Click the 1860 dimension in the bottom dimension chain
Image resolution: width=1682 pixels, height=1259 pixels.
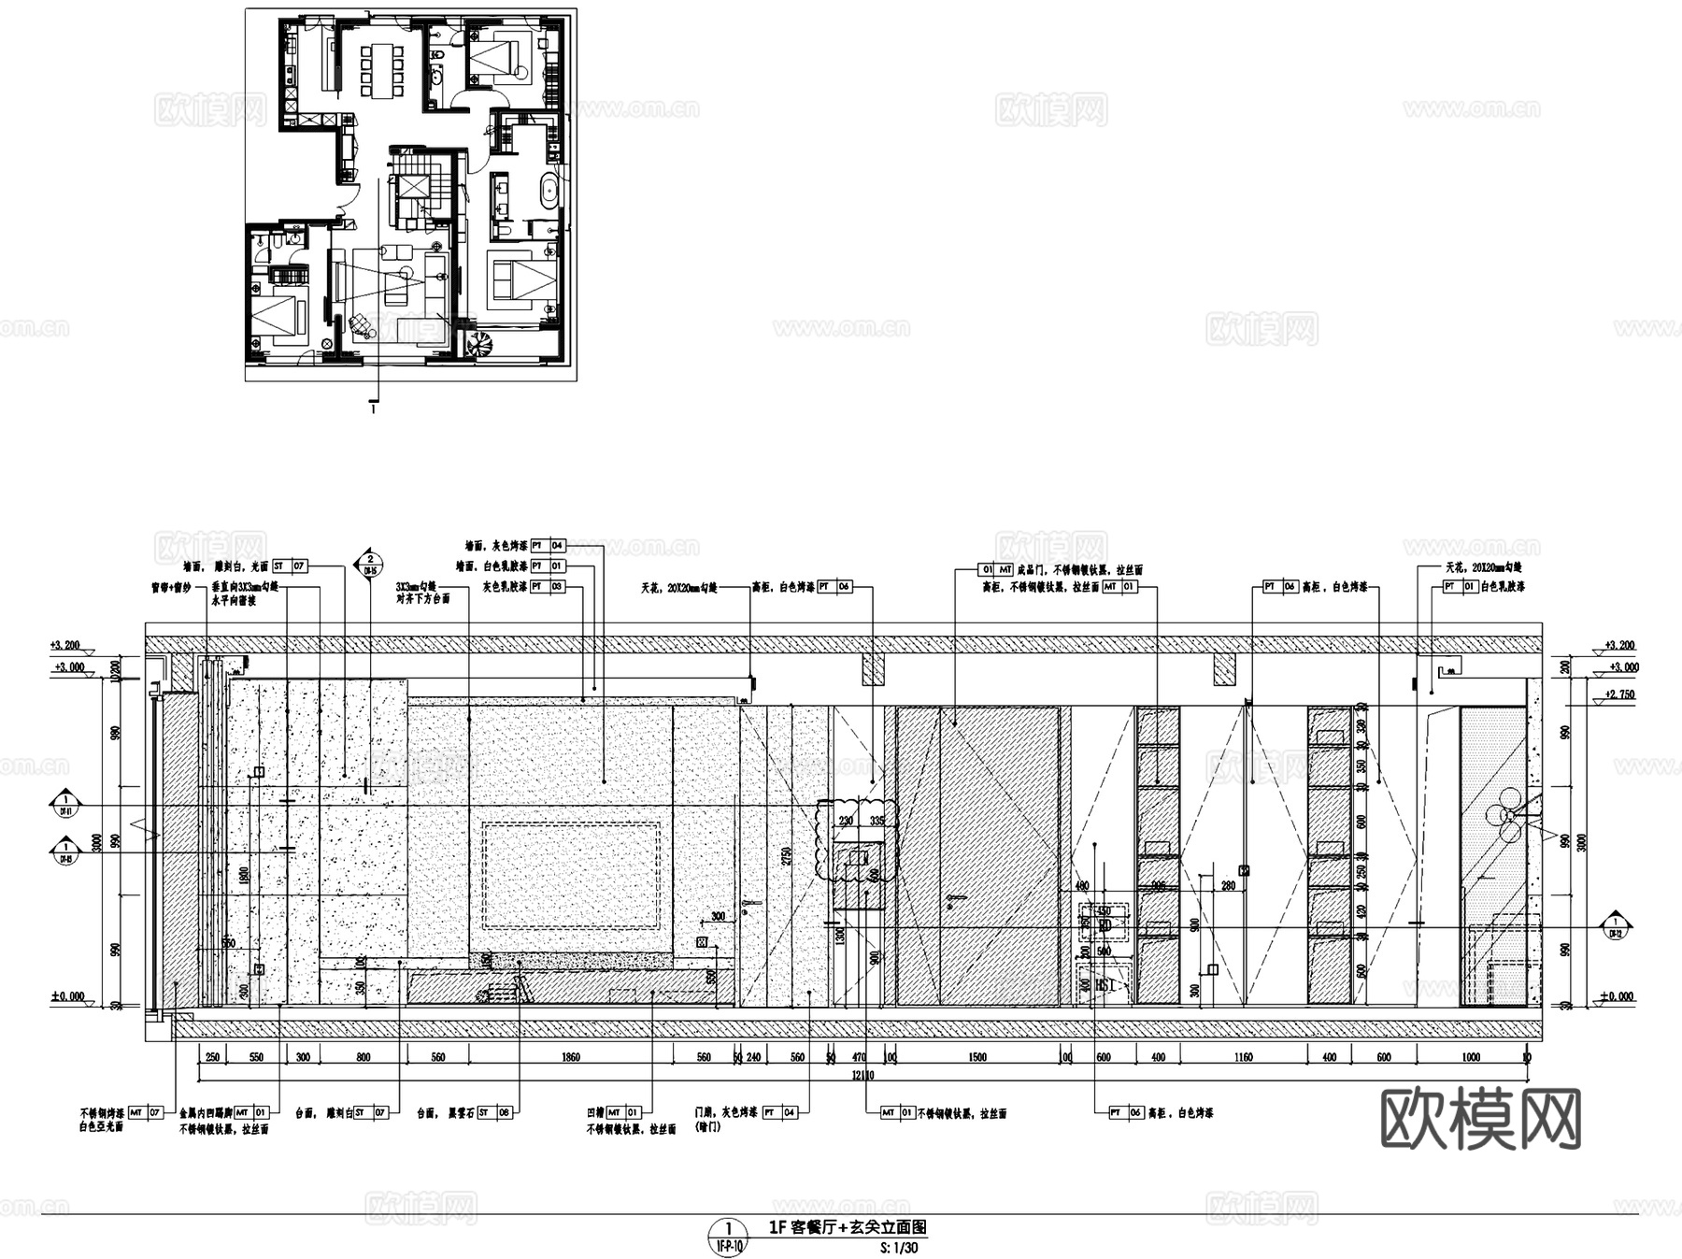point(570,1057)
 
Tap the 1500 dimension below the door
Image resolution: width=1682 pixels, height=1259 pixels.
point(976,1057)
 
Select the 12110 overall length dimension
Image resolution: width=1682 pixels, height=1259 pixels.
point(862,1075)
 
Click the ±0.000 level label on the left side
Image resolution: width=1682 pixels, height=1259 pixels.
point(67,996)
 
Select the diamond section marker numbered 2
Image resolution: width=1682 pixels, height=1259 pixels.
point(371,562)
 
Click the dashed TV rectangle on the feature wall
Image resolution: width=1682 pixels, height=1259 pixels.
point(571,875)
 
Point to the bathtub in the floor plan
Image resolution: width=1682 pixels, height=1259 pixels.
point(549,191)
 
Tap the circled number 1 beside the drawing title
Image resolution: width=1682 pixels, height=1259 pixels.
point(729,1227)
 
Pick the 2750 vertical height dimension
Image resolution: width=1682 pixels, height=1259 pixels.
point(787,857)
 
